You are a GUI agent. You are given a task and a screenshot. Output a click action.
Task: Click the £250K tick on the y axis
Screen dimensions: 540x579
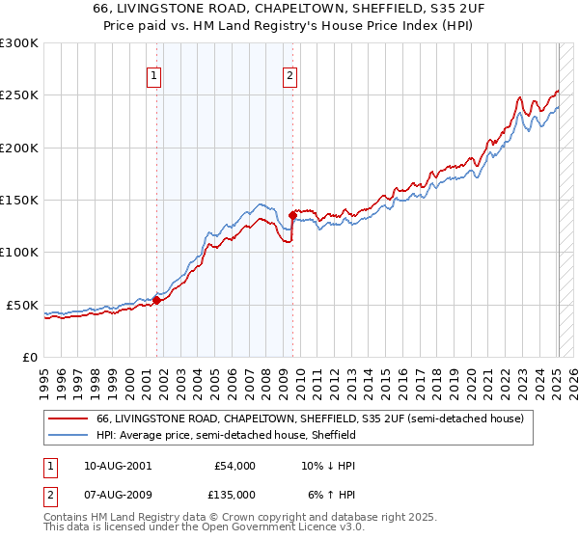click(19, 95)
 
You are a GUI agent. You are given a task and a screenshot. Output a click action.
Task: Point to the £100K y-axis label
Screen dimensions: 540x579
click(19, 252)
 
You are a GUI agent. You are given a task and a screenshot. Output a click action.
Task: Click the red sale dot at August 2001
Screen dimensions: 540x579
click(156, 300)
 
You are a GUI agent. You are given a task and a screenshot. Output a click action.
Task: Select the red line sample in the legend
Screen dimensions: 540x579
click(69, 419)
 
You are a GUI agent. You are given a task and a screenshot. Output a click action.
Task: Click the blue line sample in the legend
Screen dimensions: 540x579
click(69, 436)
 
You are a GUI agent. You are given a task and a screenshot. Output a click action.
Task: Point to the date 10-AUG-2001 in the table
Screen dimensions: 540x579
click(114, 466)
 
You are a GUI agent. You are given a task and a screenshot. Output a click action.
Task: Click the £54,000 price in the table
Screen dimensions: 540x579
click(234, 466)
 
